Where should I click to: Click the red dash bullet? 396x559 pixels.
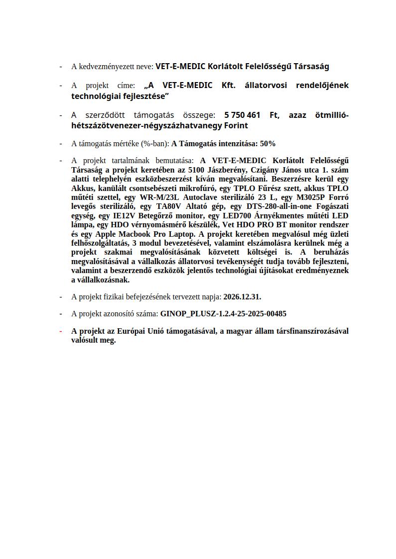click(60, 331)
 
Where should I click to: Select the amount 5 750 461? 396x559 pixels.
click(242, 115)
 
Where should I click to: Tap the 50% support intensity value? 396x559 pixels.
click(267, 144)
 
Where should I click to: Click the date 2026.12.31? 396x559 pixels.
click(242, 297)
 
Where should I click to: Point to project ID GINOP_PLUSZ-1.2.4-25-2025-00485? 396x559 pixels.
click(223, 314)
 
